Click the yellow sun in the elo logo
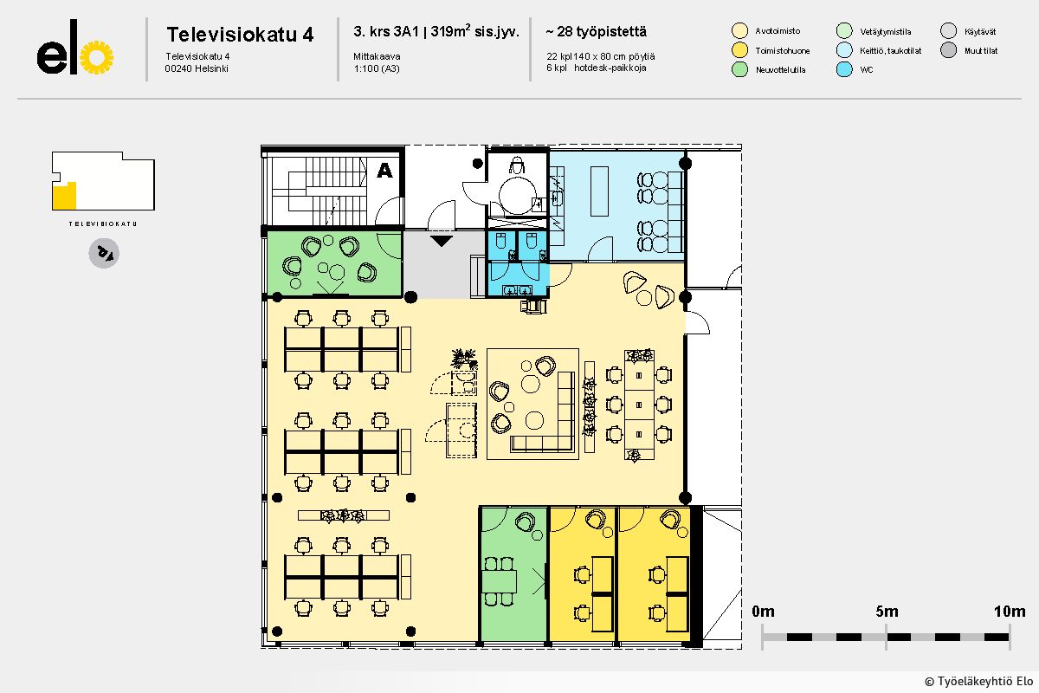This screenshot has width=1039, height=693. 97,58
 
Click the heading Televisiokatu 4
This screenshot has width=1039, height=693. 240,35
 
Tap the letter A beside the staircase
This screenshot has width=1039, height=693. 384,171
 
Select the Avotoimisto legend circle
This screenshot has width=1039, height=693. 739,31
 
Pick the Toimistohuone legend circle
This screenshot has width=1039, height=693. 739,50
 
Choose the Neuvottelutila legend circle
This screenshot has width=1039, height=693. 739,70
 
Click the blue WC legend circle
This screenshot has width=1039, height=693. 845,70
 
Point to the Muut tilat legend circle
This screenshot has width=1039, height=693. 949,50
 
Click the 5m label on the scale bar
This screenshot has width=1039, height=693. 886,612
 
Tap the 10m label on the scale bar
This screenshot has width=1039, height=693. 1009,612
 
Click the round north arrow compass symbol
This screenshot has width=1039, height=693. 104,253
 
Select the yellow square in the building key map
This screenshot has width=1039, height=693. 65,196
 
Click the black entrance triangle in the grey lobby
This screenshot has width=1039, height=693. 442,241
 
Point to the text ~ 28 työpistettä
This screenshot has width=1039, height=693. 596,32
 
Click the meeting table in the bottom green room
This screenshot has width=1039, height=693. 500,580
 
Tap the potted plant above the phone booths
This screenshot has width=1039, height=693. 465,357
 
